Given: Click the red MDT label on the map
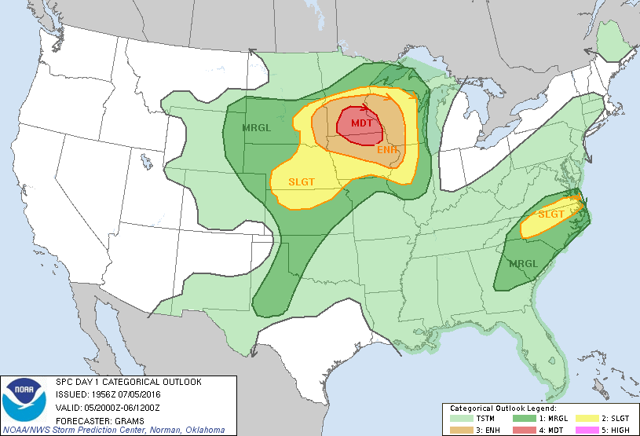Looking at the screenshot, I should tap(362, 123).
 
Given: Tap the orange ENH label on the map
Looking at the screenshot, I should tap(387, 149).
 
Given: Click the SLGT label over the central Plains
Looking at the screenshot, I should tap(302, 181).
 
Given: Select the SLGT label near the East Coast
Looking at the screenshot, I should tap(551, 214).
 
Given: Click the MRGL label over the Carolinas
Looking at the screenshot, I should tap(523, 264).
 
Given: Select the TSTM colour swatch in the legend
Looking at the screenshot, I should tap(459, 419).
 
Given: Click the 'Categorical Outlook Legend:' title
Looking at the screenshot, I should tap(503, 409).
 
